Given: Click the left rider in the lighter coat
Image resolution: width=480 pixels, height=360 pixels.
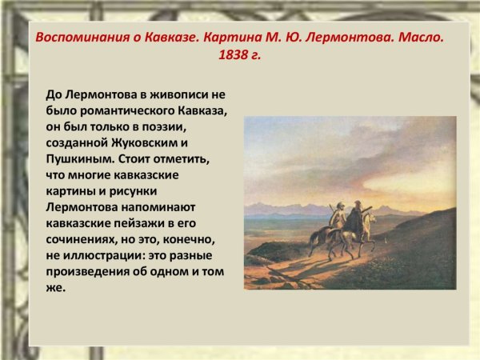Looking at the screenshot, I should (339, 216).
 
